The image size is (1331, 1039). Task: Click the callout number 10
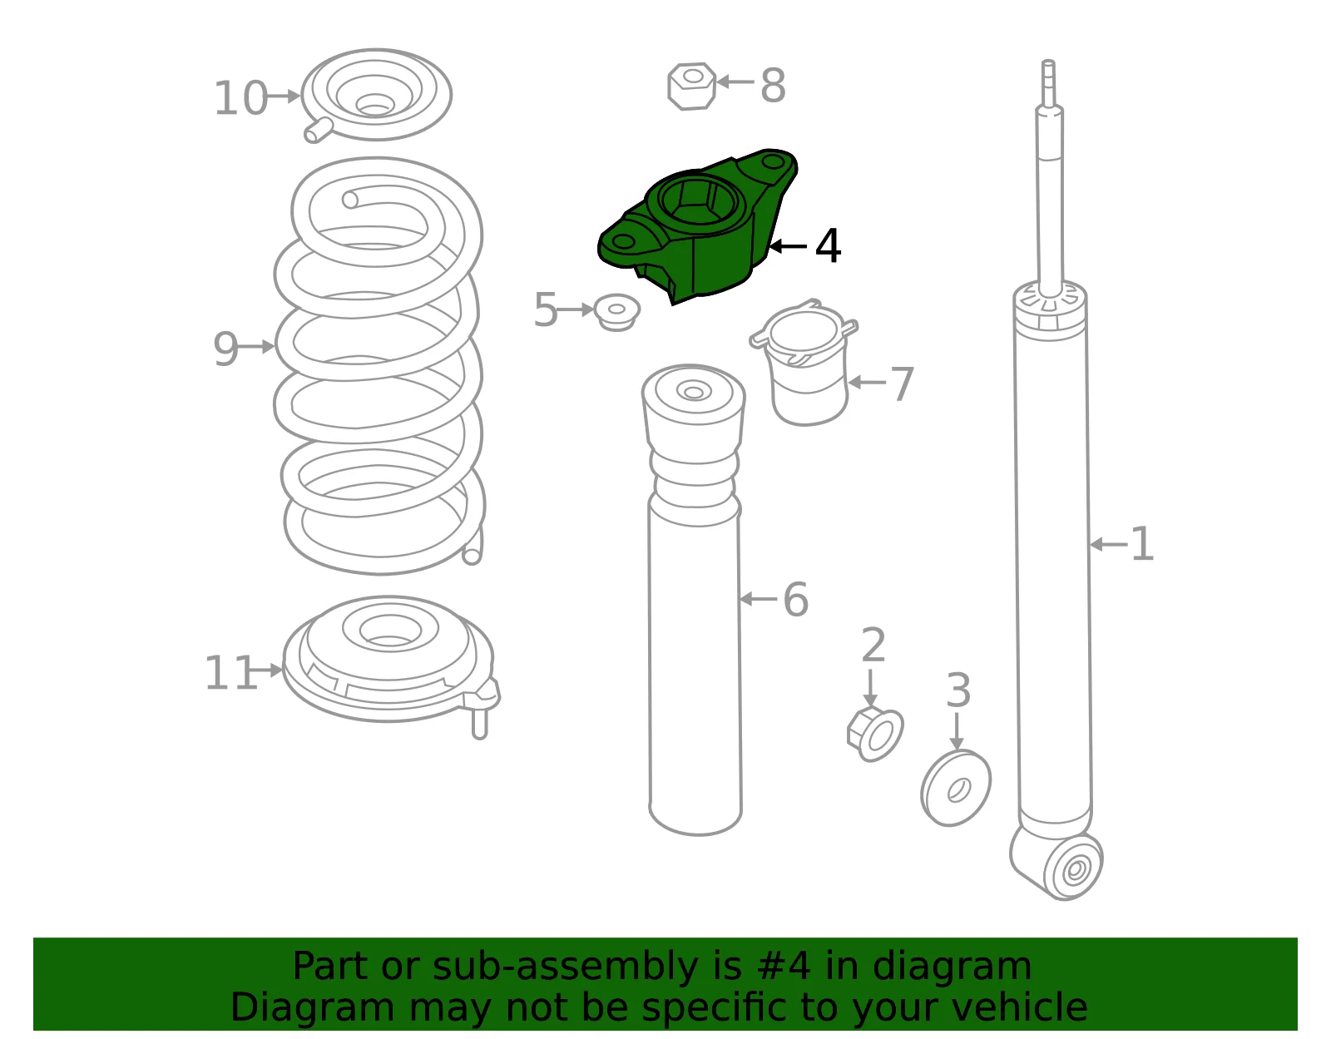(x=240, y=98)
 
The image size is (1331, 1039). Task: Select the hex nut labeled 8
(x=691, y=87)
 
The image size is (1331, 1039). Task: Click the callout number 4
(x=828, y=246)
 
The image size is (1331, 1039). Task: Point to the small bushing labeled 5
(x=616, y=312)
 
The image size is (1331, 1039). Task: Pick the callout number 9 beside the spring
(x=225, y=349)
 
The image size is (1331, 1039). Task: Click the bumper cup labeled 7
(x=805, y=363)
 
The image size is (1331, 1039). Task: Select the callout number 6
(x=795, y=600)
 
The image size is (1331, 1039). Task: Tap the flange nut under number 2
(x=875, y=734)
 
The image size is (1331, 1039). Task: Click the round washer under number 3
(x=956, y=788)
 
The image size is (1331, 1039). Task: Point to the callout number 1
(x=1141, y=544)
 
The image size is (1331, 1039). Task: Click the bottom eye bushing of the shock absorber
(x=1076, y=870)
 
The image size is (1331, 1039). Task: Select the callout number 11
(x=230, y=674)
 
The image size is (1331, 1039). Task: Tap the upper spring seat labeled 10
(x=376, y=96)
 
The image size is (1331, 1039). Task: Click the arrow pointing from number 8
(x=735, y=82)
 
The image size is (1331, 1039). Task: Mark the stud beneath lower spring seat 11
(x=480, y=724)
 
